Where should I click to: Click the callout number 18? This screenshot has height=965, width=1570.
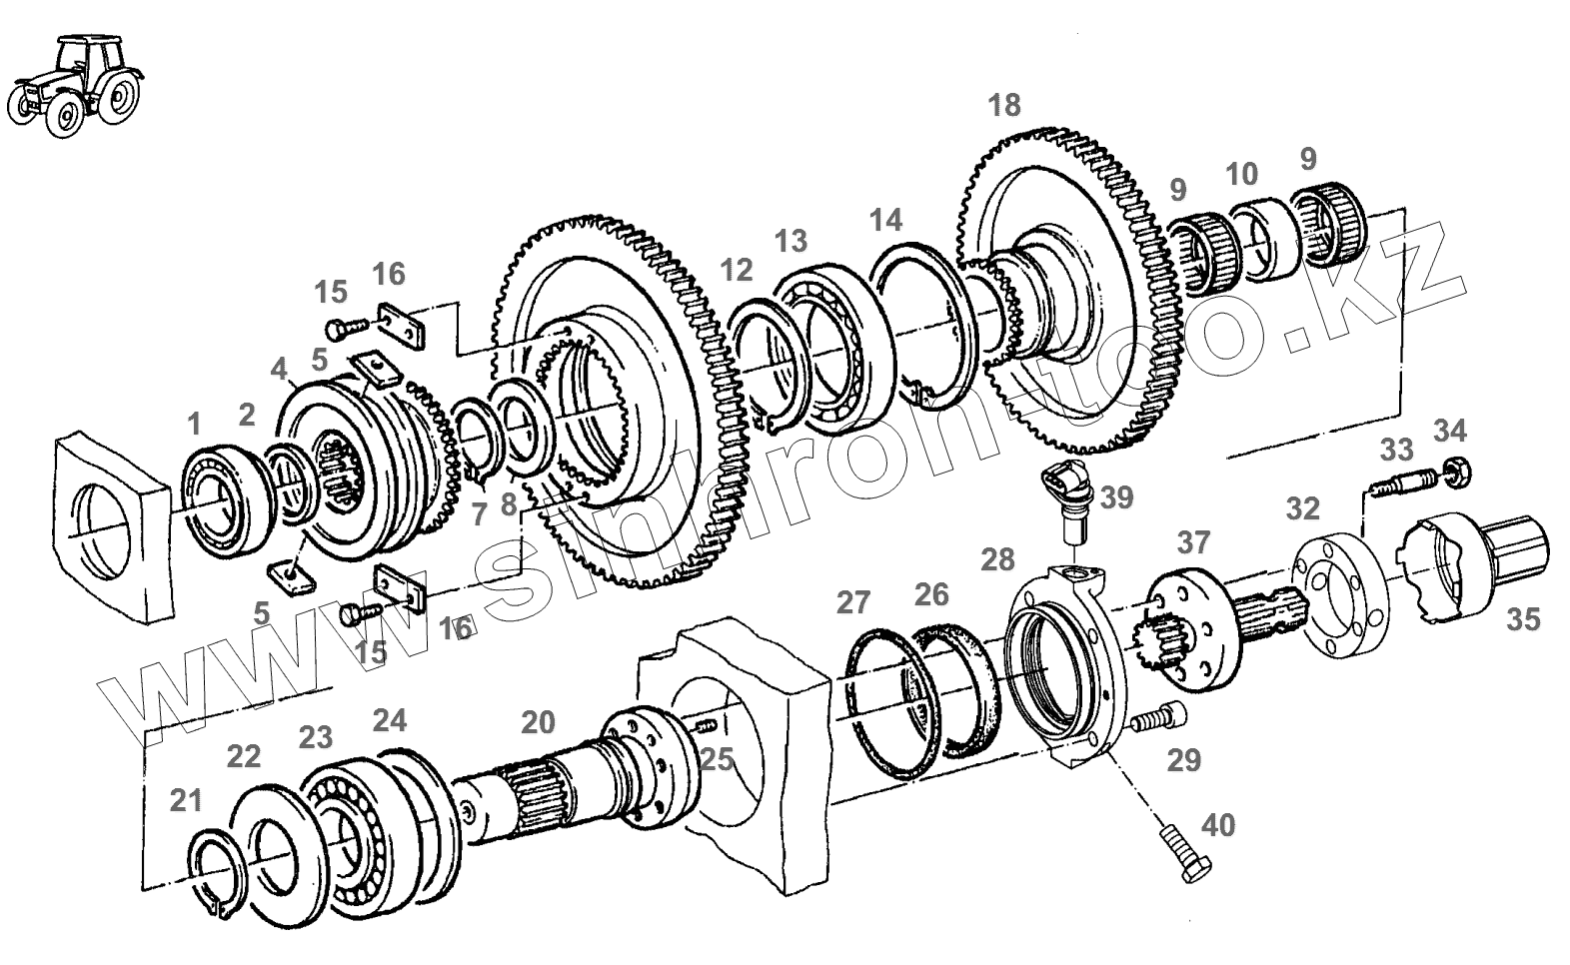[x=1004, y=104]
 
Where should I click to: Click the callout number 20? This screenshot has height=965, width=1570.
[x=537, y=721]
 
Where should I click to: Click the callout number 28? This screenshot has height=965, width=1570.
[x=997, y=558]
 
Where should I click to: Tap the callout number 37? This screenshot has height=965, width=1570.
[x=1193, y=542]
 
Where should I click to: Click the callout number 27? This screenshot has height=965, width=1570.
[x=853, y=602]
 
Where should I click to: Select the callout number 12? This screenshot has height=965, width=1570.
[x=736, y=269]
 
